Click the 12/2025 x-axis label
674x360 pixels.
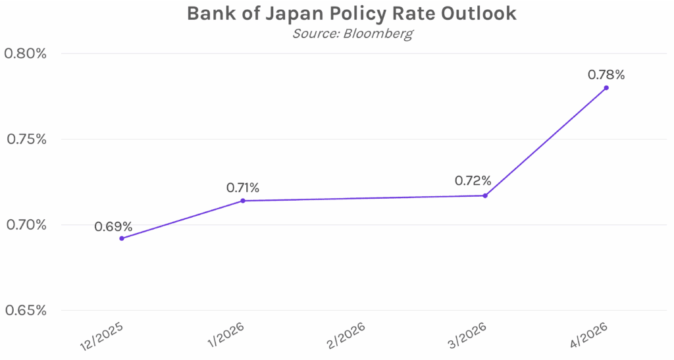pyautogui.click(x=101, y=336)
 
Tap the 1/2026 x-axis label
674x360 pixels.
pyautogui.click(x=226, y=336)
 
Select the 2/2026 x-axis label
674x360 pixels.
pyautogui.click(x=347, y=336)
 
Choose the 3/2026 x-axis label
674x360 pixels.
pyautogui.click(x=468, y=336)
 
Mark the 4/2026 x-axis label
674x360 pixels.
pyautogui.click(x=589, y=336)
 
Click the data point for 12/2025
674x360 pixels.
pyautogui.click(x=122, y=238)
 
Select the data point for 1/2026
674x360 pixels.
pyautogui.click(x=243, y=201)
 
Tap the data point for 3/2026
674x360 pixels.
pyautogui.click(x=485, y=195)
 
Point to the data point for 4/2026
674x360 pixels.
pyautogui.click(x=606, y=88)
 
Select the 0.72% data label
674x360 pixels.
pyautogui.click(x=473, y=180)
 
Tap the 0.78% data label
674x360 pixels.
pyautogui.click(x=606, y=74)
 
